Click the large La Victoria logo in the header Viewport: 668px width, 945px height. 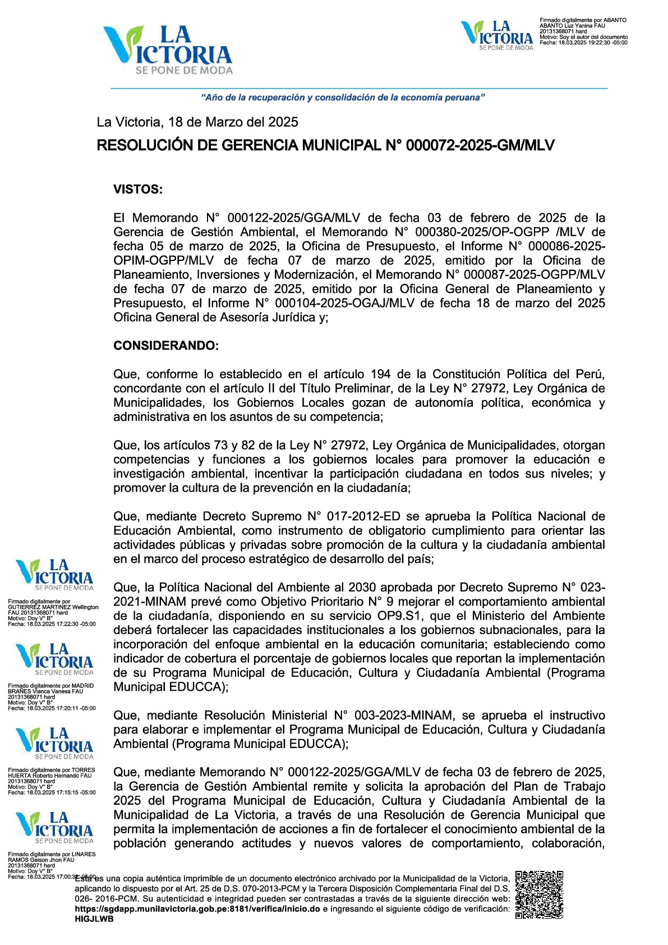(167, 51)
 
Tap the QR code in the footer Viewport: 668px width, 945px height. (539, 894)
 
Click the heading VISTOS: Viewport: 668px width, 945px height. (138, 189)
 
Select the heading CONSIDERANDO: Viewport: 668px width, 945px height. (166, 346)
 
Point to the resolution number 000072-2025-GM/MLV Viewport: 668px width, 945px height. (480, 145)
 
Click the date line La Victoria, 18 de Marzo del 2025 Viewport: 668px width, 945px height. (197, 122)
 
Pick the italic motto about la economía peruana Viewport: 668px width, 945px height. (343, 98)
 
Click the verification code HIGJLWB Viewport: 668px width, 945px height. (94, 919)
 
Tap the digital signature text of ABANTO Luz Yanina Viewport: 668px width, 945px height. (583, 31)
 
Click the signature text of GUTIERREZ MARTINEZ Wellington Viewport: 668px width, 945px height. (53, 612)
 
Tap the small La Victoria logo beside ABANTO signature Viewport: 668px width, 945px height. (496, 35)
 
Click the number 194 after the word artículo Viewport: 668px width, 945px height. (381, 374)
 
